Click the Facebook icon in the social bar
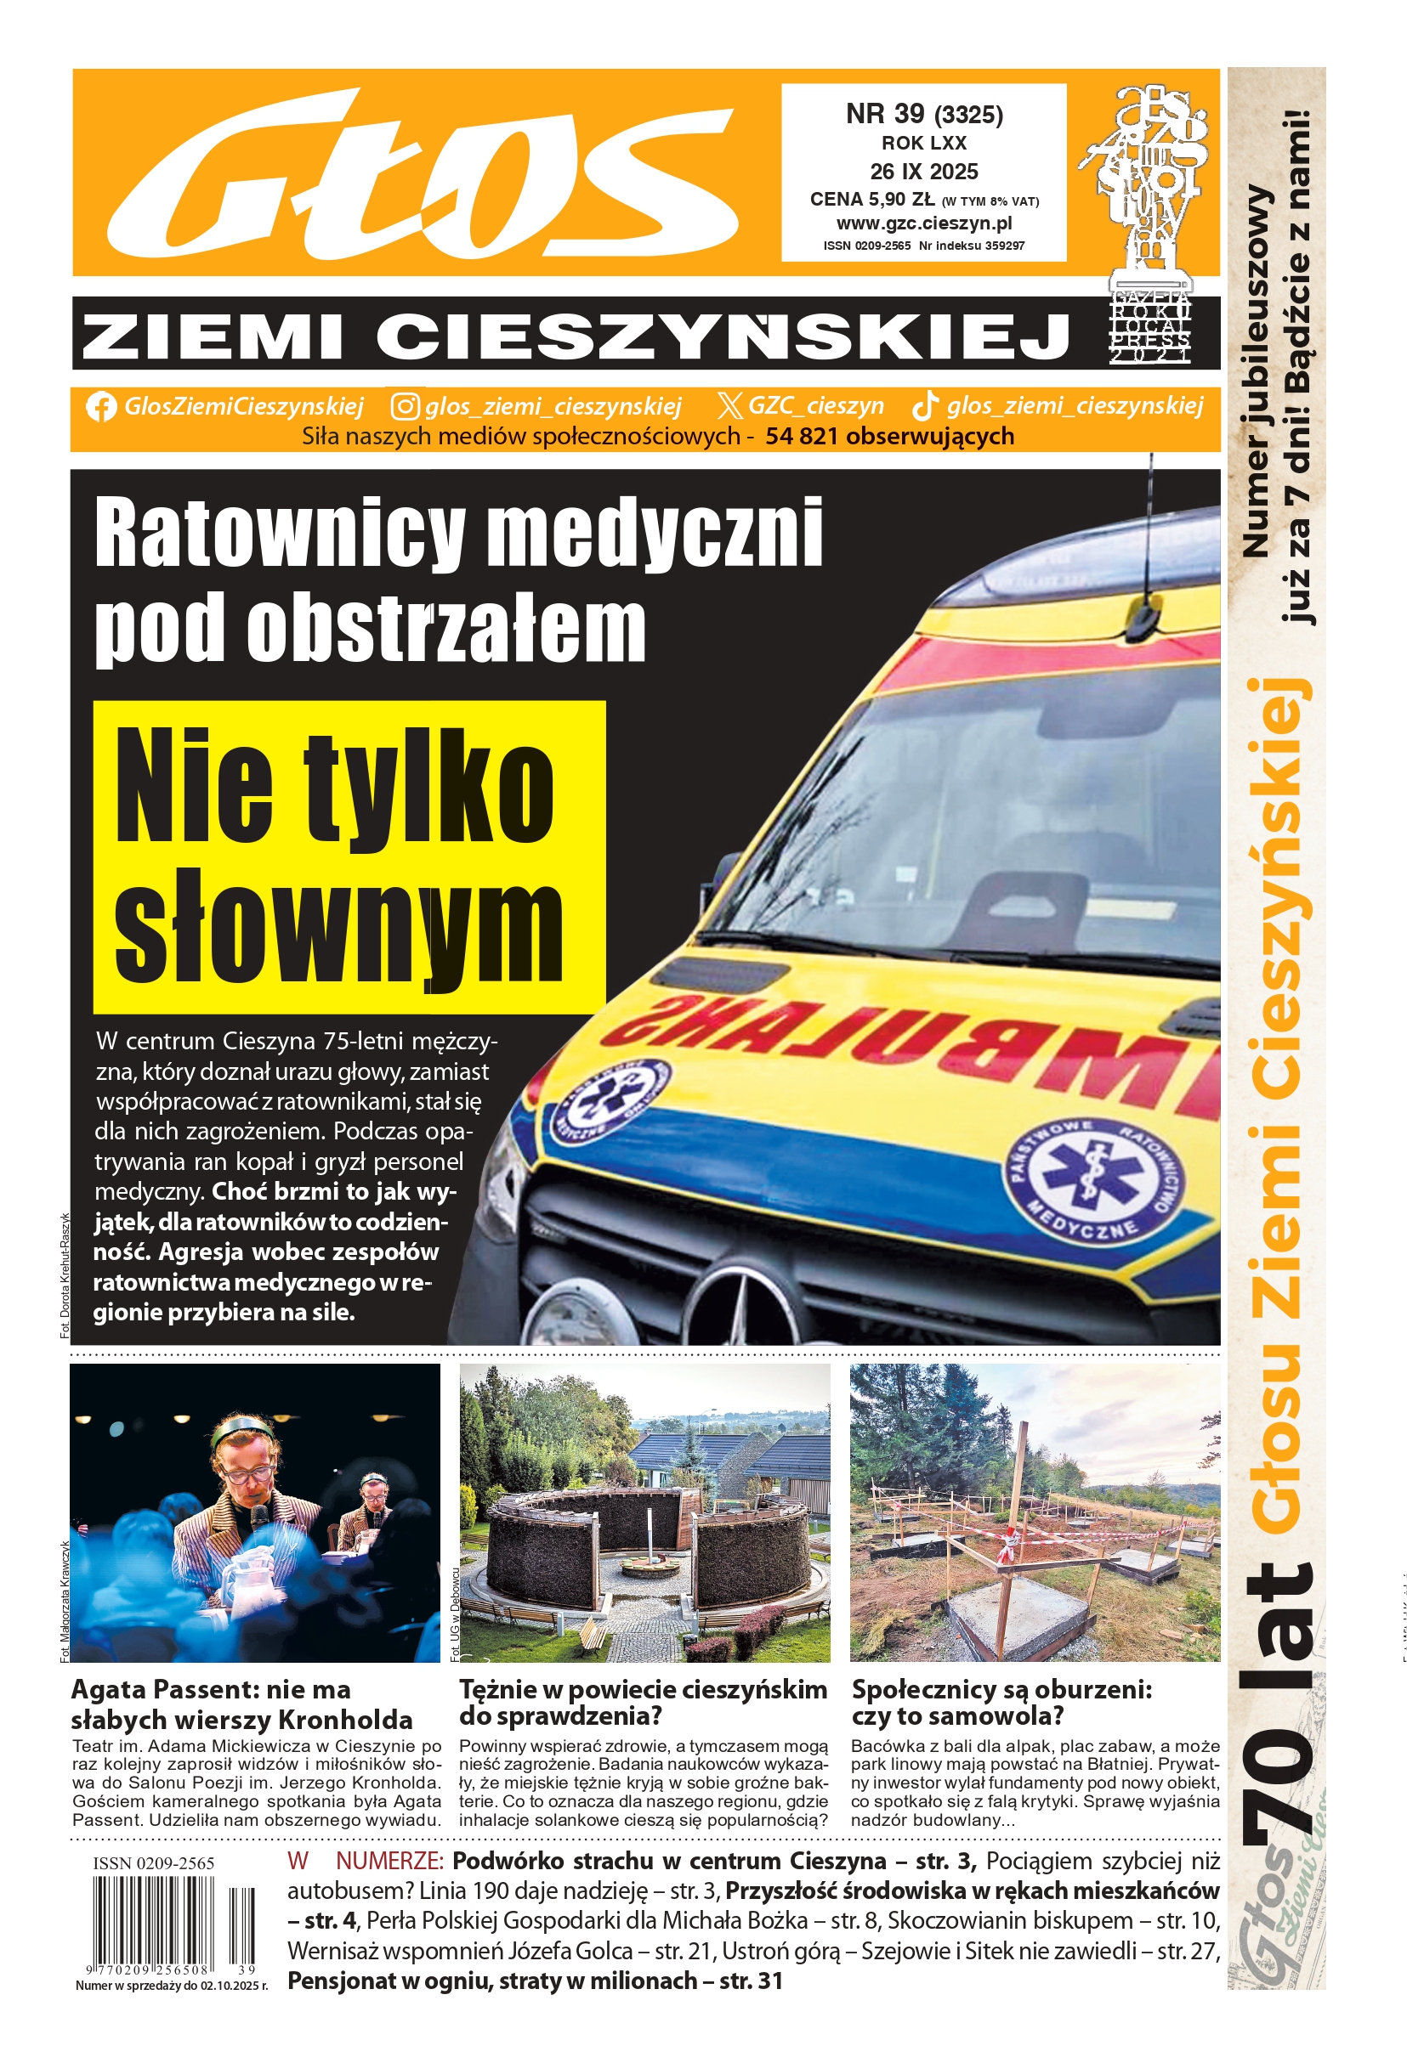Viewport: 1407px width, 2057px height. (101, 406)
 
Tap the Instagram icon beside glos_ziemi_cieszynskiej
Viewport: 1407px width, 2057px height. (405, 406)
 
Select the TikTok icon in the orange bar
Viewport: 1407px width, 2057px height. (925, 405)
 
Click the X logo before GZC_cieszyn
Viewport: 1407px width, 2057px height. (729, 406)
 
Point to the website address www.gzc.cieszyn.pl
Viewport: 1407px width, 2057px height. (923, 224)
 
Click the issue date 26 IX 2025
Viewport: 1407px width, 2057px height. (923, 172)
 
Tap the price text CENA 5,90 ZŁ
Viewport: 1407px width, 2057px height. (871, 200)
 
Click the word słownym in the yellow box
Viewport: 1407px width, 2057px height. (338, 933)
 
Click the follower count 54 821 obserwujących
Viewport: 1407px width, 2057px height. (889, 437)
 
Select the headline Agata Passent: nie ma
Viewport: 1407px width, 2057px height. (211, 1690)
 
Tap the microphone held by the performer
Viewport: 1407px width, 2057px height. (260, 1519)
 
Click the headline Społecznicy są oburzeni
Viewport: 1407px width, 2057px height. (1001, 1690)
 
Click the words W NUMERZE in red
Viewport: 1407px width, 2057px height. (364, 1862)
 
